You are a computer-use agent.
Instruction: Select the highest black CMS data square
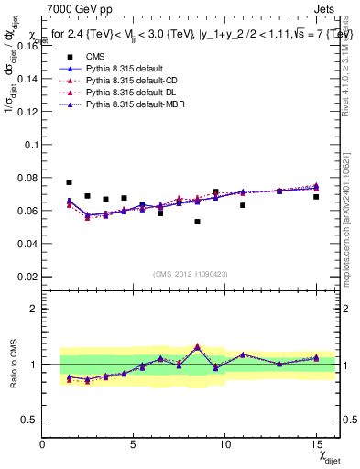coord(69,182)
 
